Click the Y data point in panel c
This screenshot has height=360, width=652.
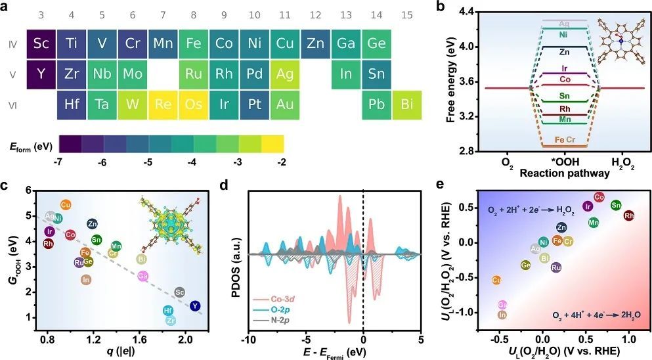[x=194, y=305]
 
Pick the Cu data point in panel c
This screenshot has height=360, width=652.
[x=66, y=205]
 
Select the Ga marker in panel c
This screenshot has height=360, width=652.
[x=142, y=276]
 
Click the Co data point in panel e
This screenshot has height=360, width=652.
[x=598, y=196]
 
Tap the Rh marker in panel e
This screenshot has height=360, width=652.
[x=628, y=215]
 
